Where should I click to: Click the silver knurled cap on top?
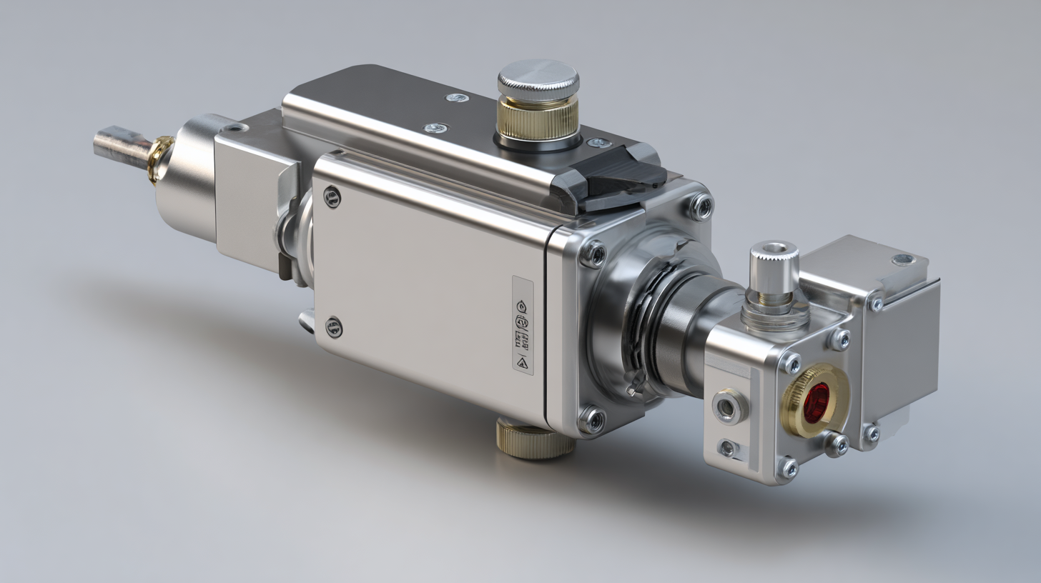pyautogui.click(x=538, y=78)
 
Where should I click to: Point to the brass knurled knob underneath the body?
pyautogui.click(x=536, y=439)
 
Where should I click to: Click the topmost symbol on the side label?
pyautogui.click(x=522, y=306)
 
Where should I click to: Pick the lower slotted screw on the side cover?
pyautogui.click(x=334, y=327)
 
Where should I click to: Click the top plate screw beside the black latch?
pyautogui.click(x=599, y=144)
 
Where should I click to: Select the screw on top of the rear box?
pyautogui.click(x=903, y=259)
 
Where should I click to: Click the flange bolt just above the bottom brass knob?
pyautogui.click(x=591, y=419)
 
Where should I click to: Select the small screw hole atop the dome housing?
pyautogui.click(x=232, y=129)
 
